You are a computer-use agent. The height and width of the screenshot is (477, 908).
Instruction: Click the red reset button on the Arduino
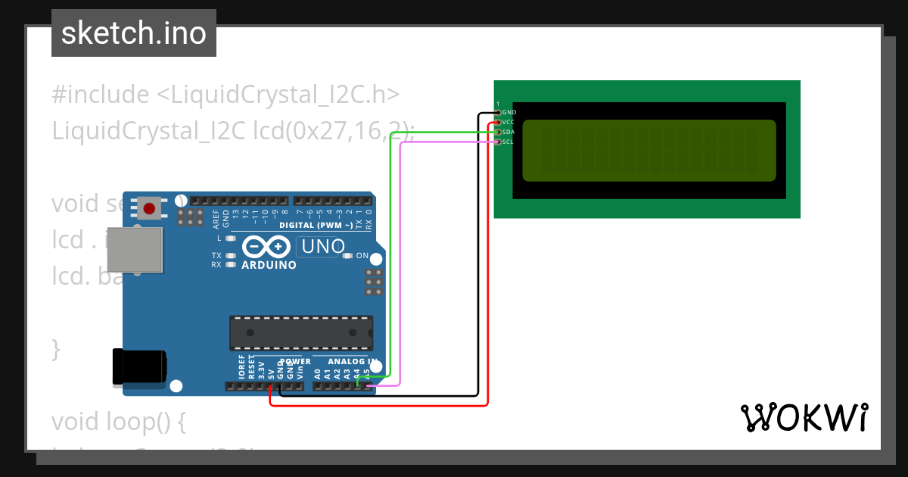tap(149, 208)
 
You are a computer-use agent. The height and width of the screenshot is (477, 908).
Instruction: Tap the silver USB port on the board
tap(135, 249)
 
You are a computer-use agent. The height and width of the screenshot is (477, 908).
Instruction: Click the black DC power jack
tap(139, 366)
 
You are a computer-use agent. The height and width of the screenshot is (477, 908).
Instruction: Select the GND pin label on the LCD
tap(509, 112)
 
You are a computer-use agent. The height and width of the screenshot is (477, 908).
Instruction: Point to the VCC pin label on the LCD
tap(508, 122)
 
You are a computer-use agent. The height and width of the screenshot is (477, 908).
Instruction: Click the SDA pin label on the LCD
tap(508, 132)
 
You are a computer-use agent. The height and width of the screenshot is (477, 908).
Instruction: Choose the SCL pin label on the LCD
tap(508, 142)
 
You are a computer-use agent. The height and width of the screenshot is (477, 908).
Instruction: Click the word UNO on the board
tap(323, 246)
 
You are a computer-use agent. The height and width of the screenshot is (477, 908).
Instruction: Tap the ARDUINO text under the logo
tap(269, 265)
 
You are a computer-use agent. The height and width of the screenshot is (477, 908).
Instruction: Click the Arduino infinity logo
tap(266, 247)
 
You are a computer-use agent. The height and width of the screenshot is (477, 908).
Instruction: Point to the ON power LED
tap(349, 256)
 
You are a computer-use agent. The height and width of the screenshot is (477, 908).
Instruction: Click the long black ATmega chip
tap(301, 333)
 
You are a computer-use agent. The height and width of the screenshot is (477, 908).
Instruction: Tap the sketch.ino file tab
tap(134, 33)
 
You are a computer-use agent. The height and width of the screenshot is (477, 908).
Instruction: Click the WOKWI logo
tap(804, 418)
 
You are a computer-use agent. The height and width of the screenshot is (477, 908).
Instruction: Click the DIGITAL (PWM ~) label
tap(316, 226)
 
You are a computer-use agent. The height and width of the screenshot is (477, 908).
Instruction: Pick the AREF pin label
tap(216, 220)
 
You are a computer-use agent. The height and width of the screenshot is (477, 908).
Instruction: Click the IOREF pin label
tap(242, 367)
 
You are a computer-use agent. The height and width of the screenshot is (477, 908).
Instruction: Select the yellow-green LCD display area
tap(648, 150)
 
